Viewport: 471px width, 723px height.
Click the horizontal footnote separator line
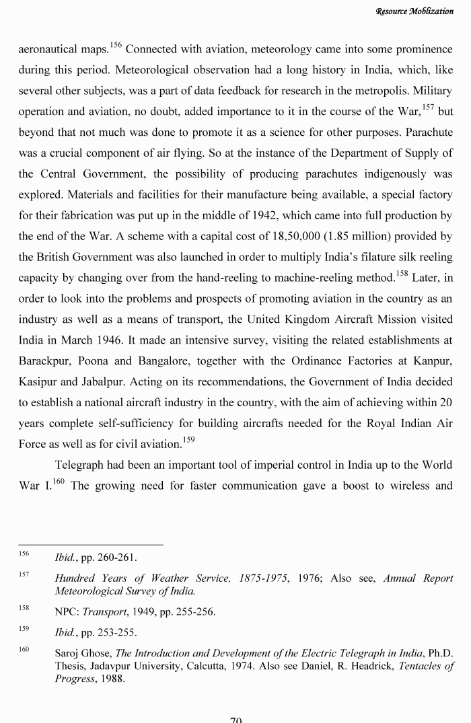[x=90, y=545]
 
